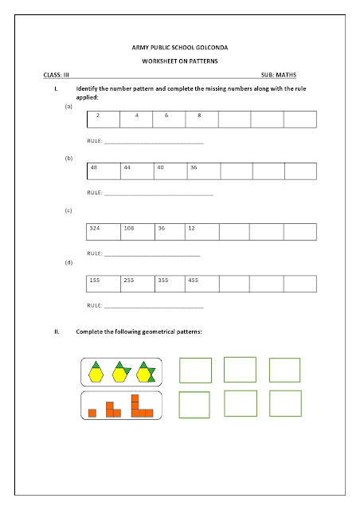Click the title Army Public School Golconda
click(x=179, y=49)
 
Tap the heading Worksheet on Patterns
click(x=179, y=61)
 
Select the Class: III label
click(x=56, y=74)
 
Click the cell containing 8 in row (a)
click(x=202, y=120)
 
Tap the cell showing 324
click(x=103, y=231)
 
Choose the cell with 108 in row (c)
click(x=136, y=231)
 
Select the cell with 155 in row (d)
click(x=103, y=284)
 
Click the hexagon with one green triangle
click(x=96, y=371)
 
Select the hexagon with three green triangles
click(x=147, y=371)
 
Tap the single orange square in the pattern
click(x=92, y=412)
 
